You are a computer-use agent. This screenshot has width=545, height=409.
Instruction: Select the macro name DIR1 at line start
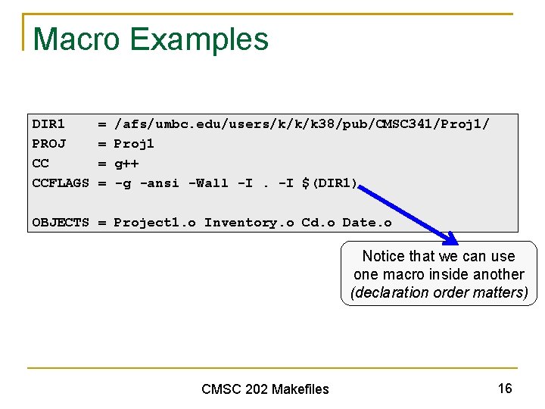[x=48, y=123]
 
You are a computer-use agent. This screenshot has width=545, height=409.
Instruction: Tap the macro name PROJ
[x=48, y=143]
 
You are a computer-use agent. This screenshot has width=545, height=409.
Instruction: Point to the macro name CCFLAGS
[x=61, y=183]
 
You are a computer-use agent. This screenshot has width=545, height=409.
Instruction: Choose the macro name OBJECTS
[x=61, y=222]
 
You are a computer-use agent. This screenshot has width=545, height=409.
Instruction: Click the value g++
[x=126, y=164]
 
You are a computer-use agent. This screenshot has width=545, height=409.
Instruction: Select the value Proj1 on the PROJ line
[x=134, y=143]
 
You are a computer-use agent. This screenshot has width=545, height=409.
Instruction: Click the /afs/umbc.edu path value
[x=301, y=123]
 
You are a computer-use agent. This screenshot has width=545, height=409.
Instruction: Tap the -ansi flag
[x=160, y=183]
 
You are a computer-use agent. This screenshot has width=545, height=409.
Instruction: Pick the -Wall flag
[x=208, y=183]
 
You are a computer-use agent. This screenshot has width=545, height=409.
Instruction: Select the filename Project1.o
[x=154, y=222]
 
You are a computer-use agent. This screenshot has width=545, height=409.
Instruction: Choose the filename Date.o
[x=367, y=222]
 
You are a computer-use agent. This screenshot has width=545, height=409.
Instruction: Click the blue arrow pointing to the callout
[x=410, y=214]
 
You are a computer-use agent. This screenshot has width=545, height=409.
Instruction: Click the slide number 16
[x=505, y=389]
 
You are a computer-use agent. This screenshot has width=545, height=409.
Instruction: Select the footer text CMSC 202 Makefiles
[x=265, y=389]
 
